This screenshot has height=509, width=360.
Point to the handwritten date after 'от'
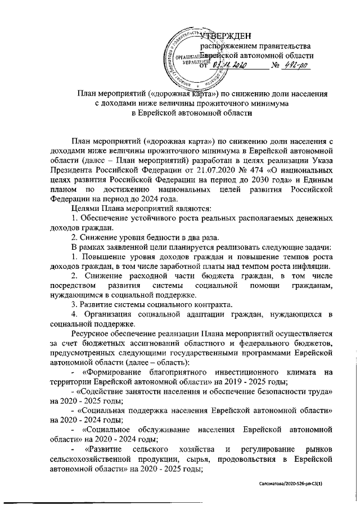point(229,66)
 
